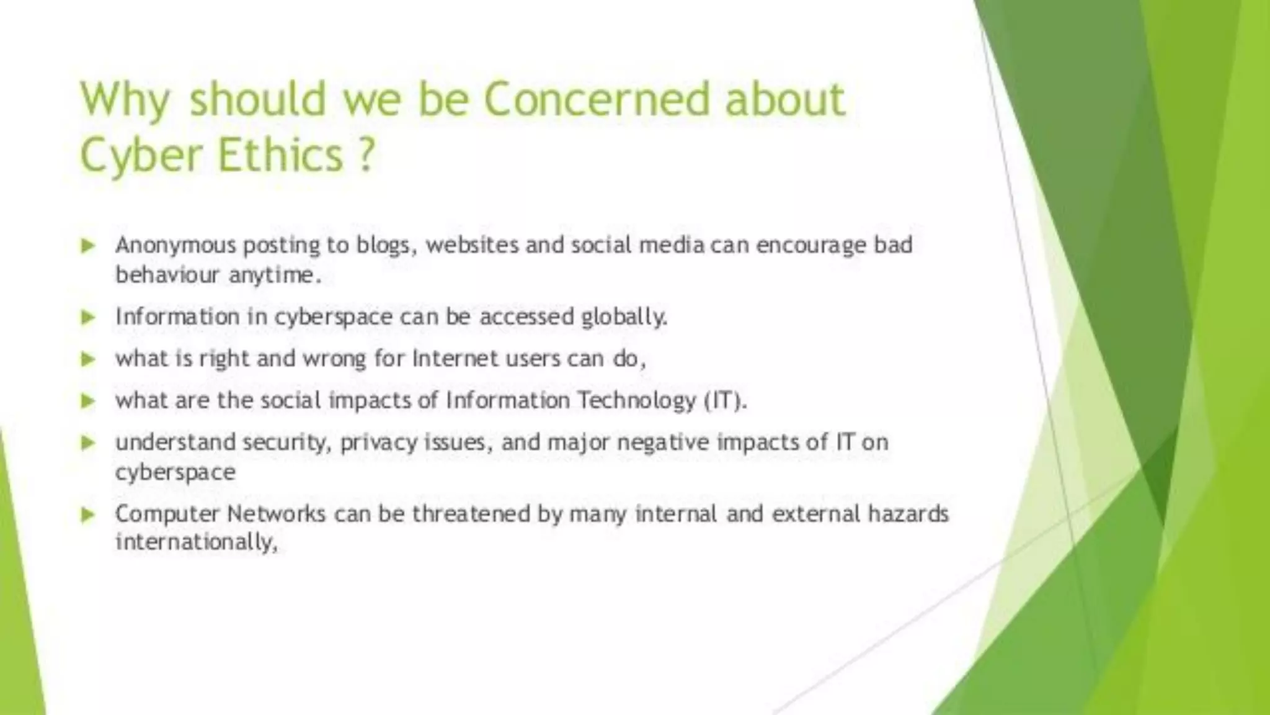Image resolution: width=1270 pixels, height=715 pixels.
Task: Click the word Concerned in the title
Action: click(x=596, y=99)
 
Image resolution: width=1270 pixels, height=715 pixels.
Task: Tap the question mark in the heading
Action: click(x=367, y=155)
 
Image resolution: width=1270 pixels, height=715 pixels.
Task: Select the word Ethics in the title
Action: click(x=280, y=155)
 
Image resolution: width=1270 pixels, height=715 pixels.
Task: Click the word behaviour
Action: click(x=167, y=274)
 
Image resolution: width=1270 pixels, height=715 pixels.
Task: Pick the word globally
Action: click(x=624, y=317)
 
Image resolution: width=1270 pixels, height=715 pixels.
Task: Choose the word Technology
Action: click(x=637, y=400)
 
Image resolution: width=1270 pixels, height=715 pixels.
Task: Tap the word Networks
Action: click(x=276, y=514)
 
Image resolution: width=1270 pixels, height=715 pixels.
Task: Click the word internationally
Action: click(x=195, y=542)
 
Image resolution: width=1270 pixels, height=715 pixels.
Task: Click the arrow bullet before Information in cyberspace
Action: click(x=88, y=318)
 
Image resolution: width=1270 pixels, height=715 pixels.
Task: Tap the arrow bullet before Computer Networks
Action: click(x=88, y=515)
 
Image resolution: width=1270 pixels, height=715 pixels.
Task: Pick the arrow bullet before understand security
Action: click(x=88, y=443)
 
